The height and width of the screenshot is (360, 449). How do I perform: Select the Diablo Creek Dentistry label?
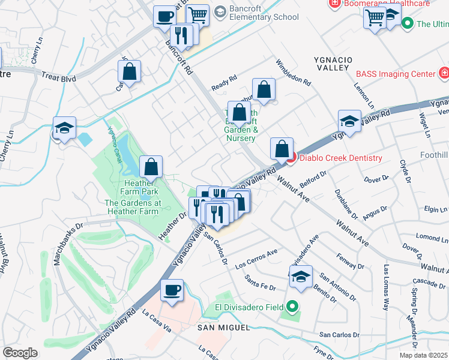click(x=340, y=158)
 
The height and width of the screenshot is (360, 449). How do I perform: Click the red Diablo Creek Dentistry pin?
click(x=291, y=158)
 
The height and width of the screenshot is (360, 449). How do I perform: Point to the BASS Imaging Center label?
click(x=395, y=74)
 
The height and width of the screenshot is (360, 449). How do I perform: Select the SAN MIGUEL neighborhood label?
click(x=223, y=327)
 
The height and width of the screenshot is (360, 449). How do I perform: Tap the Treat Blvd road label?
click(x=59, y=77)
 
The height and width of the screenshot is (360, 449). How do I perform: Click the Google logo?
click(x=20, y=353)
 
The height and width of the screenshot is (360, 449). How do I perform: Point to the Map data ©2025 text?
click(x=423, y=355)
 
